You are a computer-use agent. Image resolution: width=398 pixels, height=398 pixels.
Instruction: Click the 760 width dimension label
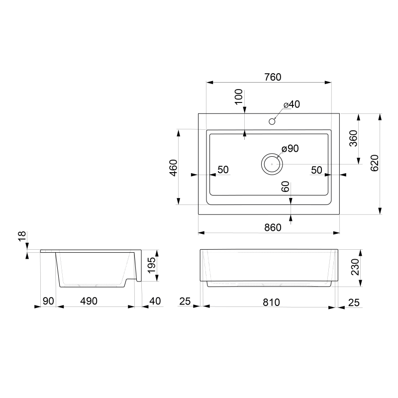coord(273,77)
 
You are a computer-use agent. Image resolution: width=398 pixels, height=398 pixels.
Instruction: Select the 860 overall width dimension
coord(273,227)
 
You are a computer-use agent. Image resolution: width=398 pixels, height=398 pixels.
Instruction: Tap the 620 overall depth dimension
coord(375,163)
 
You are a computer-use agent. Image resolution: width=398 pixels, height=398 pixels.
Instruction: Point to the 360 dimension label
coord(353,138)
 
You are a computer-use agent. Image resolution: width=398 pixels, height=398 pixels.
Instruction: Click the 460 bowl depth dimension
coord(174,168)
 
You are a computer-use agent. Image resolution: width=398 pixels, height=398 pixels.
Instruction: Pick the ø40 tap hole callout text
coord(292,104)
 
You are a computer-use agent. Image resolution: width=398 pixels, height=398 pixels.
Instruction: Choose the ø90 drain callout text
coord(290,148)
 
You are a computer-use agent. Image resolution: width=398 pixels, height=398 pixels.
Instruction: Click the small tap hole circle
coord(272,121)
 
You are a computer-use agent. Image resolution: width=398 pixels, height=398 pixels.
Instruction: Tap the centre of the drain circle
coord(272,164)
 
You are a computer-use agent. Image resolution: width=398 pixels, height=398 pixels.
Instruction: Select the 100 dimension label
coord(239,97)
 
